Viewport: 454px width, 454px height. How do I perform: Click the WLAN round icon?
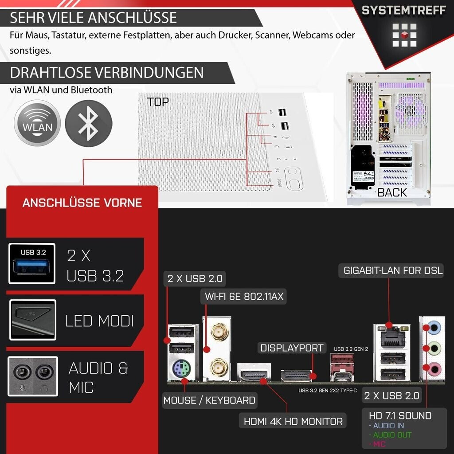[37, 123]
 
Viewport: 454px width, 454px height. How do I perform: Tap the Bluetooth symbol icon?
[89, 123]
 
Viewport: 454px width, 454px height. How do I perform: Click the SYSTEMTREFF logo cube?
[404, 35]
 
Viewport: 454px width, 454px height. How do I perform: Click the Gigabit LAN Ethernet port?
[391, 338]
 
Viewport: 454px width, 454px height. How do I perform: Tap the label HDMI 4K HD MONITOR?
[293, 421]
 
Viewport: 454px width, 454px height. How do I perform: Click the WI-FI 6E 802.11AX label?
[243, 297]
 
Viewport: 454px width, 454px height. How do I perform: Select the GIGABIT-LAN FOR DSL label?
[393, 270]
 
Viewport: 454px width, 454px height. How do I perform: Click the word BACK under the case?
[392, 192]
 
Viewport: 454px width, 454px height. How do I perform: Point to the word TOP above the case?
[158, 102]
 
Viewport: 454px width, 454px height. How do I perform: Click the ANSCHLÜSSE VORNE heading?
[82, 203]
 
